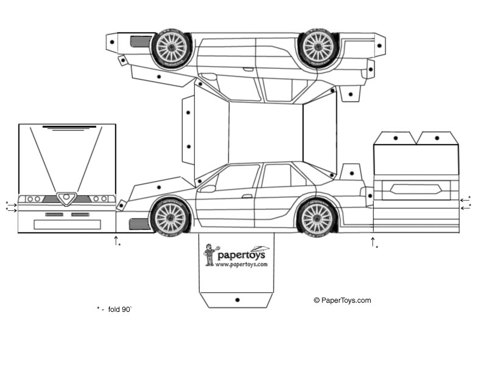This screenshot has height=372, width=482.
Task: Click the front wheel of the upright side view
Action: (170, 216)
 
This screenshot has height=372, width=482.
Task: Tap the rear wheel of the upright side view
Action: (317, 216)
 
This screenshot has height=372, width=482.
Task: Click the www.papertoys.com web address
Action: (241, 264)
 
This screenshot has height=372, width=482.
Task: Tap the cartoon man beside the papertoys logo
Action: (209, 254)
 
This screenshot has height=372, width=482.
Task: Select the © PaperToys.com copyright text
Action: (342, 300)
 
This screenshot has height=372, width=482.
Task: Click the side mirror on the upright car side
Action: (207, 188)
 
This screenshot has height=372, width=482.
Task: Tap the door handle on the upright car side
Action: (246, 196)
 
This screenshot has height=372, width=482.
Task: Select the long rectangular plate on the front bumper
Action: (67, 224)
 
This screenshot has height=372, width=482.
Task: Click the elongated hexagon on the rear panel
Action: (416, 188)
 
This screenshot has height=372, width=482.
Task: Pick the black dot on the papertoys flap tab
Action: (237, 300)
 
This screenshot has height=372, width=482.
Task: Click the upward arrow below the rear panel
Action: (372, 242)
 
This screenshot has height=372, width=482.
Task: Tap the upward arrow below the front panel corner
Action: (116, 240)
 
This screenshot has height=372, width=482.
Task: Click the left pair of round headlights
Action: (33, 199)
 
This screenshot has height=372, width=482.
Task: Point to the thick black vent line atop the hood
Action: (69, 126)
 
